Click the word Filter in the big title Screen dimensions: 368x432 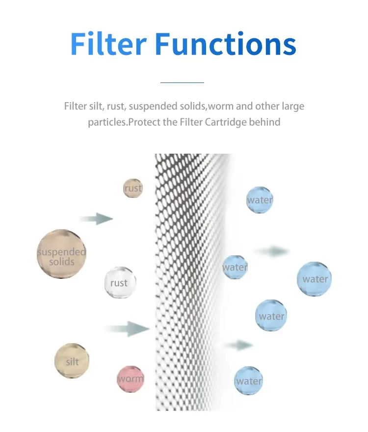108,44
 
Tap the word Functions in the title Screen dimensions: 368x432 225,44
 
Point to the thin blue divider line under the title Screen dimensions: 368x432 182,83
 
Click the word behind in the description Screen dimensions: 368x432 264,122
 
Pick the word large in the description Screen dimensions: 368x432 293,106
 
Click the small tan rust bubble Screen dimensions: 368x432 133,189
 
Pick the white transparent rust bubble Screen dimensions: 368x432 119,283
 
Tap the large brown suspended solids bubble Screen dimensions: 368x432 62,254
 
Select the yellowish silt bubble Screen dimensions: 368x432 72,361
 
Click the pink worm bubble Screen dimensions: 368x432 131,379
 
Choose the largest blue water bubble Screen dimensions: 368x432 315,279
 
